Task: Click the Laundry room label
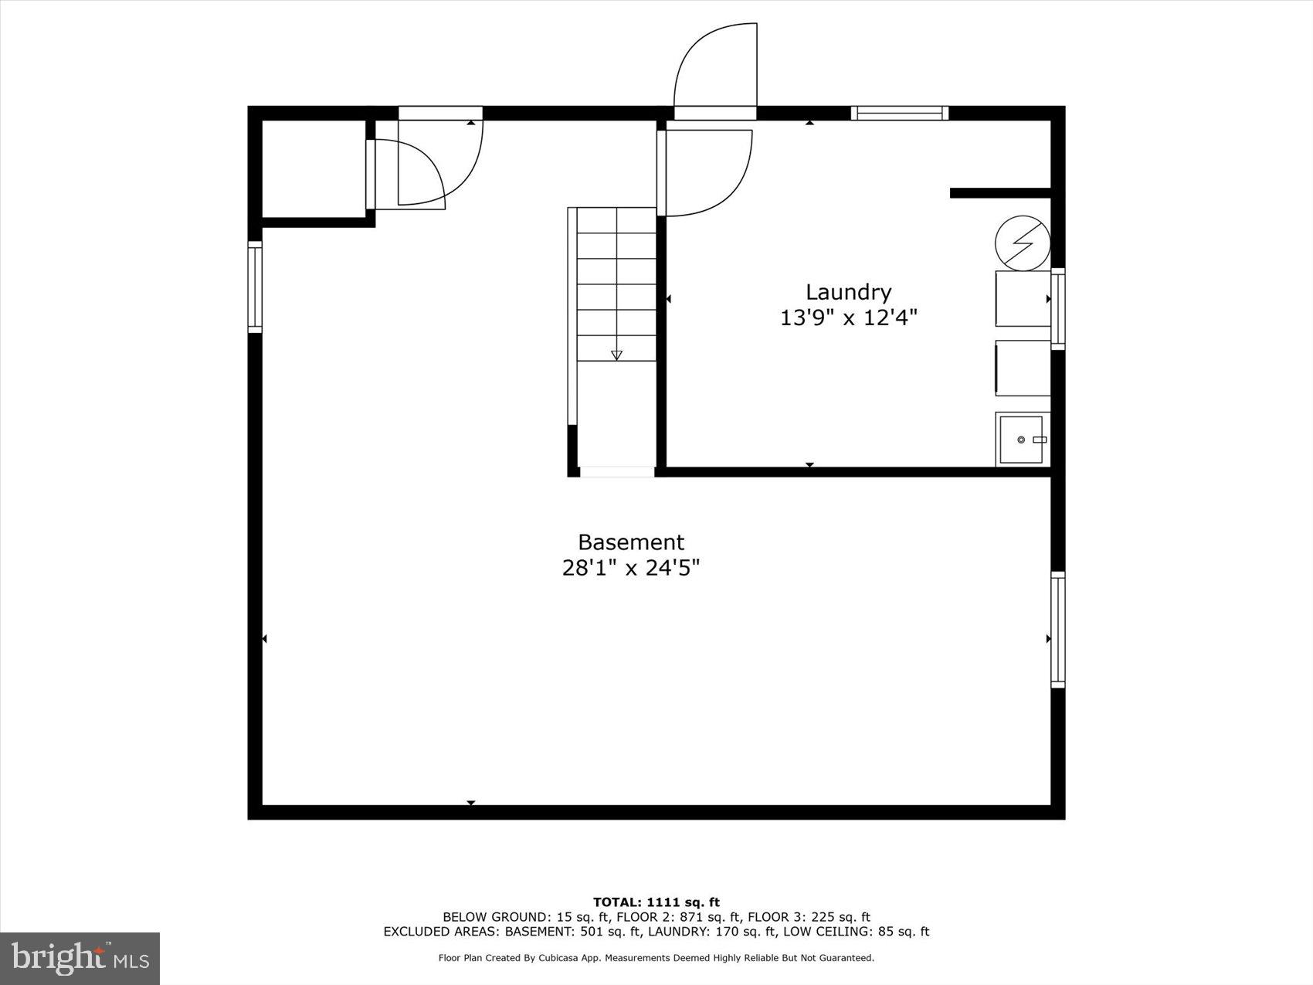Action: pyautogui.click(x=848, y=292)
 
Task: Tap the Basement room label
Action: pyautogui.click(x=631, y=542)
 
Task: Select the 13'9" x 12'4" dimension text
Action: pyautogui.click(x=848, y=318)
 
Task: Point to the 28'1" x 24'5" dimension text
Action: pyautogui.click(x=631, y=569)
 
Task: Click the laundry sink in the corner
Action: pyautogui.click(x=1022, y=439)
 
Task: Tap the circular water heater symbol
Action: pyautogui.click(x=1022, y=243)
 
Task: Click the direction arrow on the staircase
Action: pyautogui.click(x=616, y=355)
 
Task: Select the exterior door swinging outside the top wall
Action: pyautogui.click(x=715, y=70)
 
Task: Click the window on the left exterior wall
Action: pyautogui.click(x=255, y=287)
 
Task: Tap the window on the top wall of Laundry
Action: pyautogui.click(x=899, y=113)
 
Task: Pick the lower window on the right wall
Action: pyautogui.click(x=1057, y=630)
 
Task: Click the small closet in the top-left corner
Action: pyautogui.click(x=313, y=168)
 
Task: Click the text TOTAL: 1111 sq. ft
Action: pyautogui.click(x=656, y=902)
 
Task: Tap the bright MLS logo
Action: pyautogui.click(x=80, y=958)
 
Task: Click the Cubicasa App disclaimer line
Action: pyautogui.click(x=656, y=958)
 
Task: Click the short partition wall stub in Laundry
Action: pyautogui.click(x=999, y=193)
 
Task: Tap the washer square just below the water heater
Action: pyautogui.click(x=1022, y=298)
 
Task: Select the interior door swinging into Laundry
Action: pyautogui.click(x=707, y=173)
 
